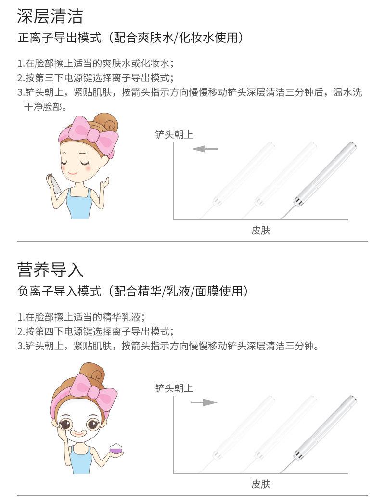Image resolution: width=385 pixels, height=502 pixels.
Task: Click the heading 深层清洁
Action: coord(50,16)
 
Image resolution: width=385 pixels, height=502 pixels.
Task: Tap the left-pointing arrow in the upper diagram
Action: coord(205,149)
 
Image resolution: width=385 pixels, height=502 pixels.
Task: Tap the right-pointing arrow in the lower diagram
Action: coord(204,402)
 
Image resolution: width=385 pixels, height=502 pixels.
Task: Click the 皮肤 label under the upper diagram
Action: coord(261,231)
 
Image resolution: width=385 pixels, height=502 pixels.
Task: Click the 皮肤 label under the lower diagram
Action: coord(261,484)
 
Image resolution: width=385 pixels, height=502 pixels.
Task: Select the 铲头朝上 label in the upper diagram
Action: coord(174,135)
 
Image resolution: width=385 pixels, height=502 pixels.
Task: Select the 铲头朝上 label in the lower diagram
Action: coord(174,388)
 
